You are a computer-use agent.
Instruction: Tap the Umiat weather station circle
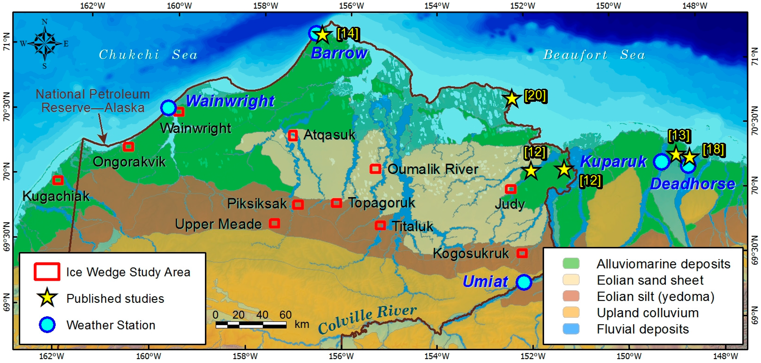tap(524, 282)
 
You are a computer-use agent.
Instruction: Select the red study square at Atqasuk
tap(293, 135)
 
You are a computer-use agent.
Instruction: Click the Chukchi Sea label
tap(148, 55)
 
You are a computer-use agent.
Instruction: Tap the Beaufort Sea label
tap(594, 55)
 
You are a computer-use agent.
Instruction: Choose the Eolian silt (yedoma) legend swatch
tap(571, 296)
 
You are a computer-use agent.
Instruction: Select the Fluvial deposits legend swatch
tap(571, 329)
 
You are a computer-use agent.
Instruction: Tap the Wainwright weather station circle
tap(168, 108)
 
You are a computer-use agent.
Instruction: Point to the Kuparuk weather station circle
tap(661, 162)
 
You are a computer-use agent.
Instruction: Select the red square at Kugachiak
tap(58, 180)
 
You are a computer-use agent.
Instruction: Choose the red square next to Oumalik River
tap(375, 169)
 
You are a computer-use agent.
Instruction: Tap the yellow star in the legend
tap(47, 298)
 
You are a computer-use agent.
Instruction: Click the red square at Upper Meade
tap(274, 223)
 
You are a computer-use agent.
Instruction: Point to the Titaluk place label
tap(413, 226)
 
